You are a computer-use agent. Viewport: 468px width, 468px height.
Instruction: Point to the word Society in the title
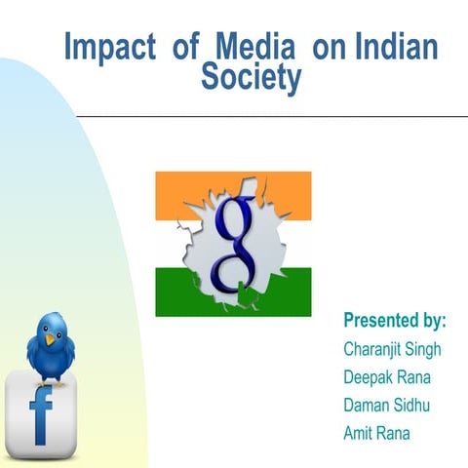click(251, 78)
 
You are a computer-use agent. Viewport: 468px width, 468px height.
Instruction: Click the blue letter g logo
click(234, 244)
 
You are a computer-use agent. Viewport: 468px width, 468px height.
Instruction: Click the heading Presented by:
click(395, 320)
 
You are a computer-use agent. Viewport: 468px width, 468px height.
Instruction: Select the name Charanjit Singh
click(394, 348)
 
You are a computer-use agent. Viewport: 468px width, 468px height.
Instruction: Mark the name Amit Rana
click(376, 433)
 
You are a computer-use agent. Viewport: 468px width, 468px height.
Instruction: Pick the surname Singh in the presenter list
click(424, 348)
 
